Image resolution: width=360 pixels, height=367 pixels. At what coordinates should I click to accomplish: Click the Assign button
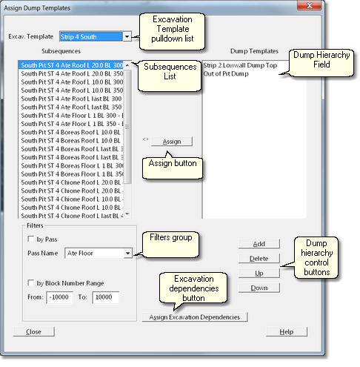[172, 142]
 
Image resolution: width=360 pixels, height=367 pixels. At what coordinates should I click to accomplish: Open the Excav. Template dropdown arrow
[127, 36]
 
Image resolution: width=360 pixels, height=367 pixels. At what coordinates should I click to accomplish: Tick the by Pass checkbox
[31, 239]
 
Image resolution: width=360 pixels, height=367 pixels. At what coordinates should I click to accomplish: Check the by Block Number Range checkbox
[31, 282]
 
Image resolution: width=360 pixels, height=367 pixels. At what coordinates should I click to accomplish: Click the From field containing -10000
[59, 297]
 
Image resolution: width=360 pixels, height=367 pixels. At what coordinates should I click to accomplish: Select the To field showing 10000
[105, 297]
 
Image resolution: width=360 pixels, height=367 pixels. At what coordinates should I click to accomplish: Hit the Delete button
[259, 259]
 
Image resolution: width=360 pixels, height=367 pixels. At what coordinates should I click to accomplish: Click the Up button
[259, 273]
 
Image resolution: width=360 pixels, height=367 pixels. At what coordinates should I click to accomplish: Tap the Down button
[259, 288]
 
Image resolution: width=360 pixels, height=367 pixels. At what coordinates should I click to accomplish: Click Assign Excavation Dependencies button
[195, 317]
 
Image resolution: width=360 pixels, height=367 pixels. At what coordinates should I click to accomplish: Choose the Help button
[287, 331]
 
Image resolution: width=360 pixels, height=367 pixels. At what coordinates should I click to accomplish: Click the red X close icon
[310, 5]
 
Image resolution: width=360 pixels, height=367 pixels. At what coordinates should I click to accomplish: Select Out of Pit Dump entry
[226, 73]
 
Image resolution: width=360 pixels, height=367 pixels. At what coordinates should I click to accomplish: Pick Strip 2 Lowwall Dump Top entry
[240, 65]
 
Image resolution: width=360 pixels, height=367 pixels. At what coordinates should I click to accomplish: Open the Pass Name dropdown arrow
[127, 253]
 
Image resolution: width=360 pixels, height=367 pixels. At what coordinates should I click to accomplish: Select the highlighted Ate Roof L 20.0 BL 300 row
[71, 65]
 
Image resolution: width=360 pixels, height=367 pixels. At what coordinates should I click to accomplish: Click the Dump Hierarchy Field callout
[321, 62]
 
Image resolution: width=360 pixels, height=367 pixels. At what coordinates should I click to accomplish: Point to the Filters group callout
[170, 245]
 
